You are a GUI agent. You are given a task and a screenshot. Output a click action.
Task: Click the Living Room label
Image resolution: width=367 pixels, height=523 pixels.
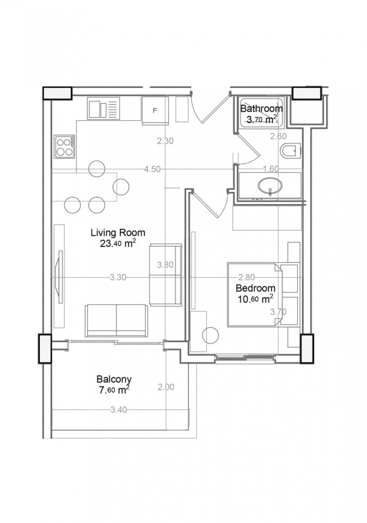[x=117, y=233]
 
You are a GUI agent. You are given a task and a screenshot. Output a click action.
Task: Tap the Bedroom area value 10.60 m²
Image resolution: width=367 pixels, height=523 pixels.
[x=254, y=299]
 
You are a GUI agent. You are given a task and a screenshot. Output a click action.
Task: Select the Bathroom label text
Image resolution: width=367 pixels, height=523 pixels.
[x=261, y=109]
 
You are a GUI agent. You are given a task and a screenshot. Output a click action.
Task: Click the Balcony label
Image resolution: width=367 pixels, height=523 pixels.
[x=113, y=380]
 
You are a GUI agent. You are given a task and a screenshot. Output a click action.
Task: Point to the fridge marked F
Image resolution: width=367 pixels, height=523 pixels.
[x=154, y=110]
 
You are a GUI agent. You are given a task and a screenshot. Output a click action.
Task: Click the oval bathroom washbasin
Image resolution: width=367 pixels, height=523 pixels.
[x=270, y=186]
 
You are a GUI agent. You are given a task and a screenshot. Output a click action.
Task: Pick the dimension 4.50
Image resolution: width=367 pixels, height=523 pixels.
[x=152, y=169]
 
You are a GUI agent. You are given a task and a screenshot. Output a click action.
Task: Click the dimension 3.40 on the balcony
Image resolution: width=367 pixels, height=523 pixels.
[x=119, y=410]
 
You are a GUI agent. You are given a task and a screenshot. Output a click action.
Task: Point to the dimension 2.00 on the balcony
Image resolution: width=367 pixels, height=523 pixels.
[x=165, y=388]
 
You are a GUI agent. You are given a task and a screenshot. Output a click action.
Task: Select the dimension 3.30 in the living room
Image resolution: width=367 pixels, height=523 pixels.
[x=118, y=278]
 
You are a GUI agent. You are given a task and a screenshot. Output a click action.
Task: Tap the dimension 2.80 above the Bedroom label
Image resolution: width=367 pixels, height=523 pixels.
[x=246, y=278]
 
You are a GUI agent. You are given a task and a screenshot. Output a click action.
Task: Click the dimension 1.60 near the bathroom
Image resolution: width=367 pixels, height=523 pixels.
[x=270, y=168]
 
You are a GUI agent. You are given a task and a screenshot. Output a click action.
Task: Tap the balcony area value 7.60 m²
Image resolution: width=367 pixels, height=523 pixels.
[x=113, y=390]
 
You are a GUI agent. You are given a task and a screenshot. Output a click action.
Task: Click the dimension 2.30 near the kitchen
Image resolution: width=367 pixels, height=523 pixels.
[x=165, y=140]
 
